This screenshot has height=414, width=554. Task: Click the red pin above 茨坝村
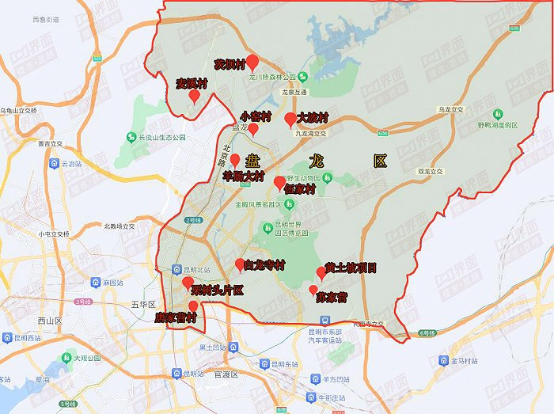point(252,62)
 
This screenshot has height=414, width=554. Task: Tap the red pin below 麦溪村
point(194,96)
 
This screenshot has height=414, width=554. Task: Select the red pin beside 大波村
point(290,120)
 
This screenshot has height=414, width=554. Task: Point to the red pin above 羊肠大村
point(234,161)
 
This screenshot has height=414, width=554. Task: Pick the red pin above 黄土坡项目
point(321,273)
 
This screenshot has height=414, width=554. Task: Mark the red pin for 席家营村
point(193,307)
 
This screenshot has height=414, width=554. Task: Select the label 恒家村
point(300,190)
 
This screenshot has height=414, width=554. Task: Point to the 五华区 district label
point(144,303)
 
